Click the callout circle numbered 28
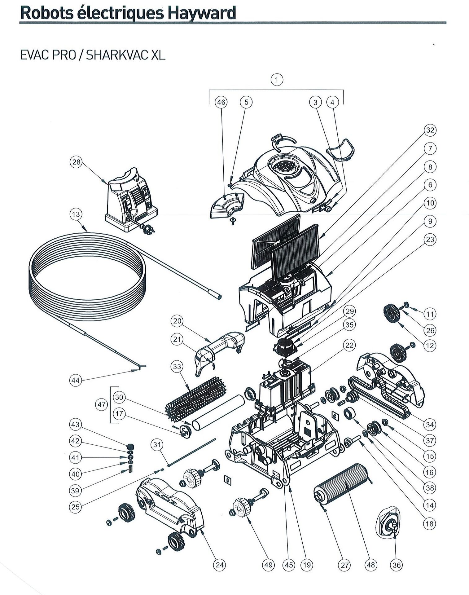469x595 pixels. coord(76,162)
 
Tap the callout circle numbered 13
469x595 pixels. coord(76,214)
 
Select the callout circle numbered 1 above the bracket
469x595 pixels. coord(277,80)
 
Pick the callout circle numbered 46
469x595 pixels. coord(221,102)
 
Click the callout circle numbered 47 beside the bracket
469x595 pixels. coord(102,404)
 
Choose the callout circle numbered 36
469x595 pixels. coord(397,565)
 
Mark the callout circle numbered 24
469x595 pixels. coord(220,565)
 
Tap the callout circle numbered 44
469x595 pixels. coord(76,381)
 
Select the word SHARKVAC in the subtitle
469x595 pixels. coord(118,55)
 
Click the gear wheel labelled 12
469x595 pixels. coord(392,313)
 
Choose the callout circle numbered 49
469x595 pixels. coord(268,565)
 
